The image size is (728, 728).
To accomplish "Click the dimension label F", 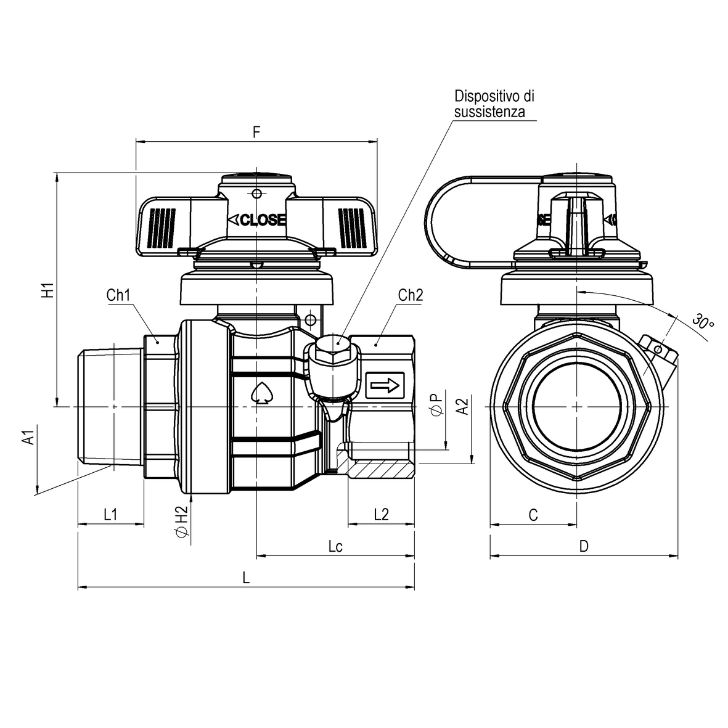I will [x=256, y=132].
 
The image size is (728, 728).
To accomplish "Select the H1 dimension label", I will [x=47, y=290].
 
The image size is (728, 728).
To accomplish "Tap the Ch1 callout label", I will [x=118, y=295].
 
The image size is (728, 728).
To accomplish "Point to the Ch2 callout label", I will [x=411, y=295].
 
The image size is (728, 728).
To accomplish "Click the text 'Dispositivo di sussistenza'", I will [x=494, y=104].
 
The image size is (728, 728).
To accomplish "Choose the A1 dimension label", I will [x=27, y=438].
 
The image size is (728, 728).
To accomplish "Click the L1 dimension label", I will [x=110, y=514].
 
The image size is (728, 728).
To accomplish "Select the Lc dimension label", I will [x=335, y=546].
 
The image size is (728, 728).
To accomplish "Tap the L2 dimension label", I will [x=382, y=514].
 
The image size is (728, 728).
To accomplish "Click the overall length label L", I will [x=246, y=578].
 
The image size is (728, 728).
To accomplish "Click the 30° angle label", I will [x=702, y=321].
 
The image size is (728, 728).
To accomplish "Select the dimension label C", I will [x=534, y=515].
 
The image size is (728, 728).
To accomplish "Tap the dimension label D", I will [x=584, y=546].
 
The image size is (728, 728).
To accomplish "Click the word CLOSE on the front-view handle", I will [x=257, y=220].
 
